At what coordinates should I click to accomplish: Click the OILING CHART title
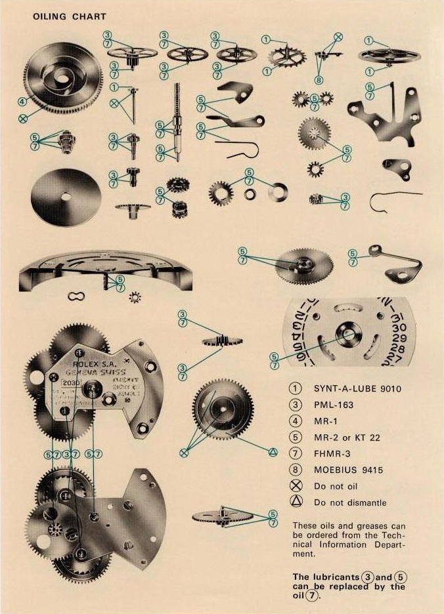[69, 16]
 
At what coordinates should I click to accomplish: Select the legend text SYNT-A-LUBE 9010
[357, 388]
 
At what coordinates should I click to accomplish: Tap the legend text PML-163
[334, 405]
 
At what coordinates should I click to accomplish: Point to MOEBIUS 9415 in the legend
[348, 470]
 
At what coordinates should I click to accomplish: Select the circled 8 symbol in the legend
[296, 470]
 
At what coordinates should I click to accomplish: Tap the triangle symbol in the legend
[296, 502]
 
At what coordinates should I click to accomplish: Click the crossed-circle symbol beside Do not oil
[296, 486]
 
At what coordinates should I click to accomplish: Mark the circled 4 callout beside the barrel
[22, 102]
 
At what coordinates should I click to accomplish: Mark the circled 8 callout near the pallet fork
[319, 80]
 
